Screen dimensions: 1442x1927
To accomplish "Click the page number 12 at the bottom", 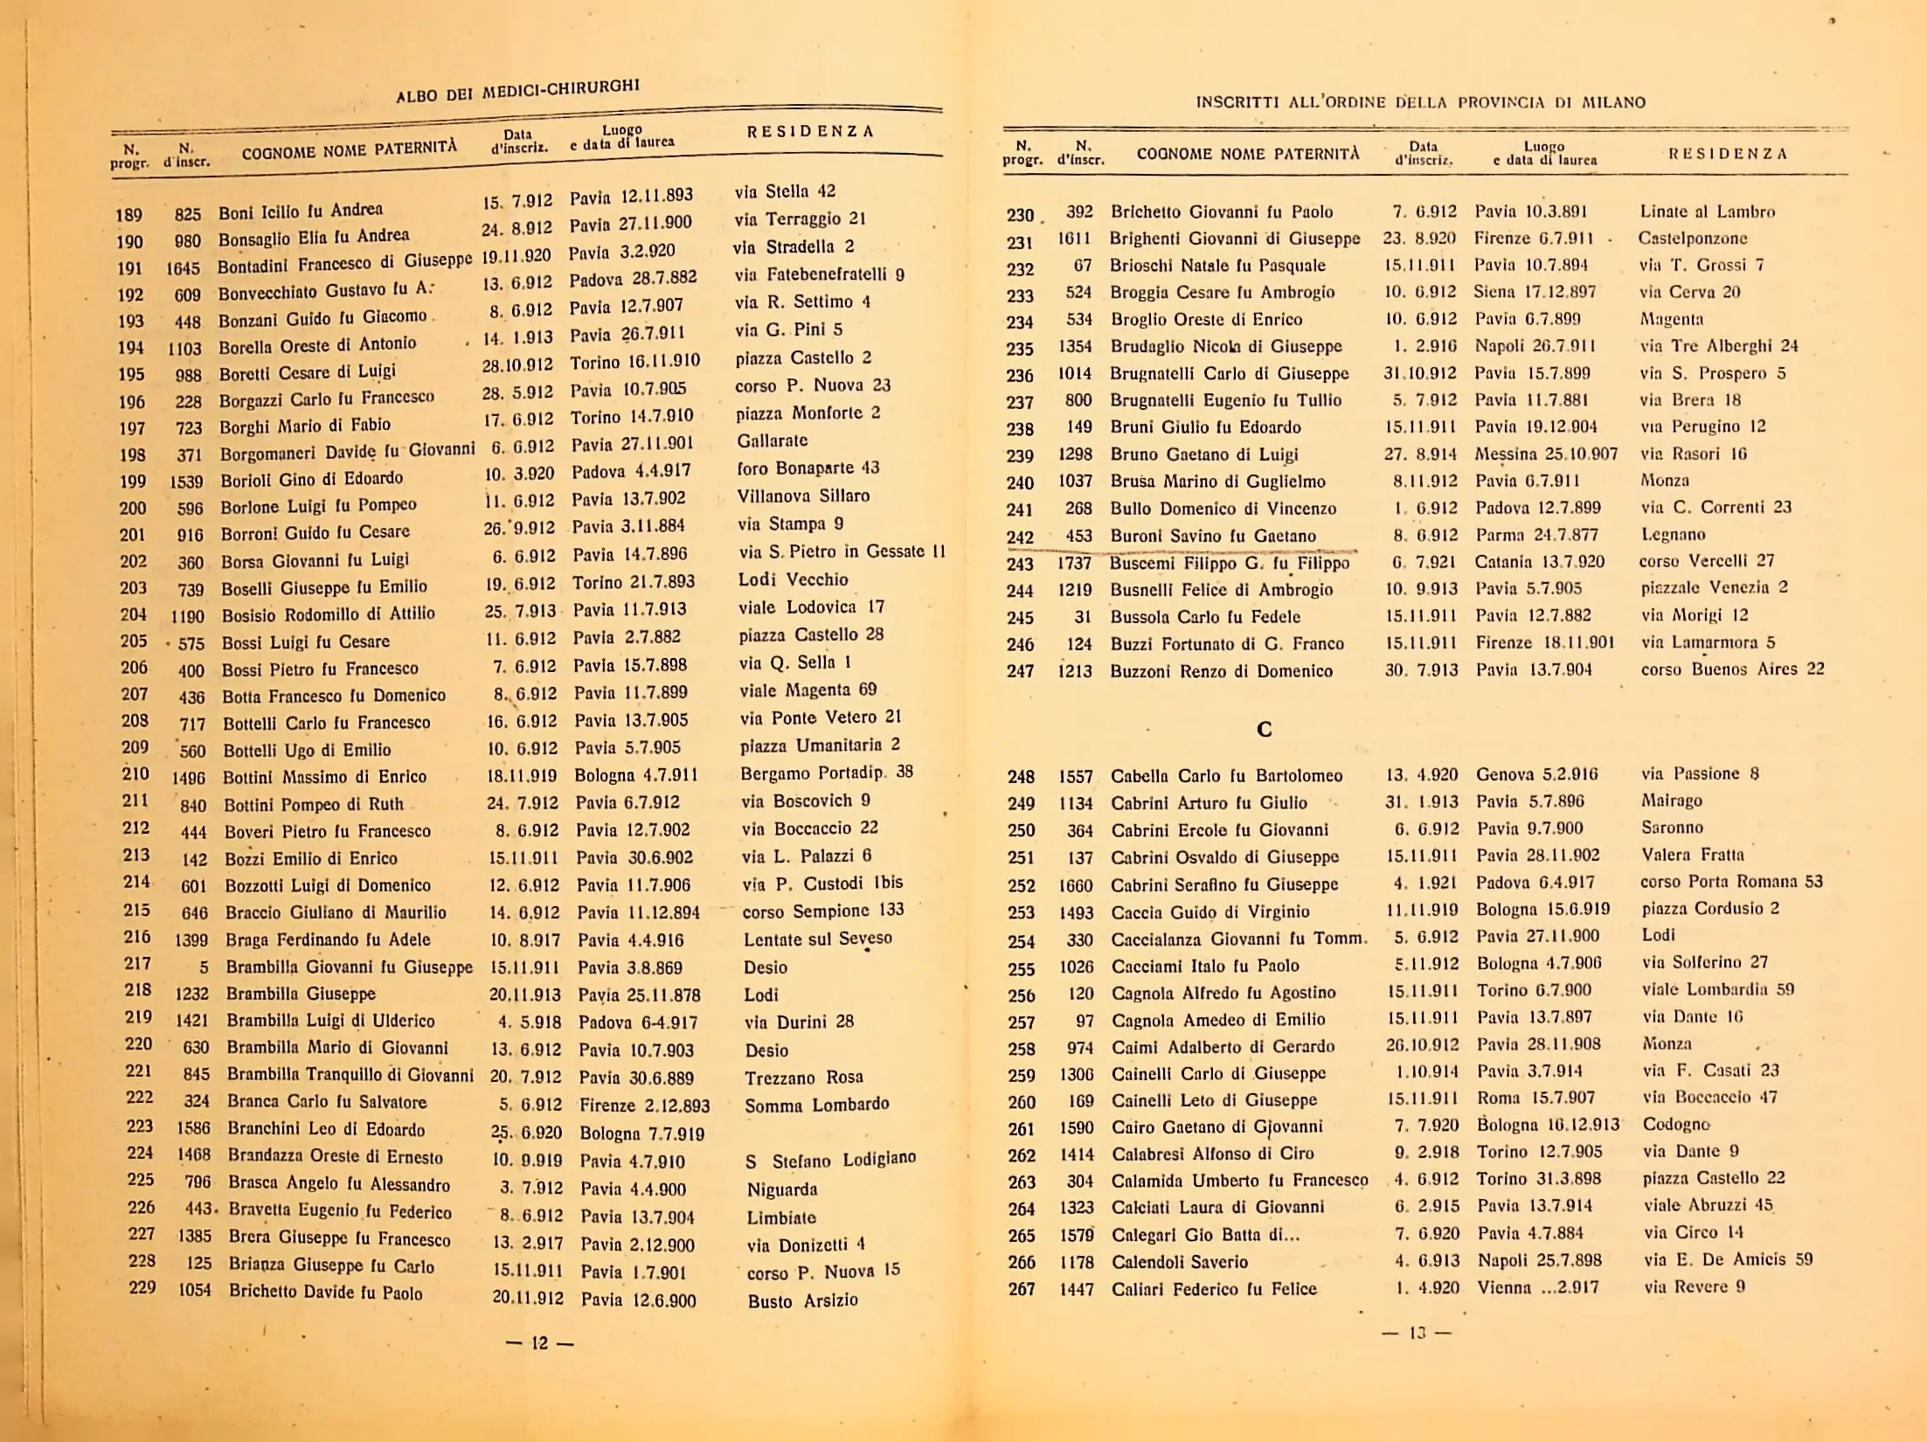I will point(539,1343).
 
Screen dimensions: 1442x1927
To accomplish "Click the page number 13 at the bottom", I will point(1417,1333).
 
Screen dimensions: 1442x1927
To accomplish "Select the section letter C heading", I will point(1264,729).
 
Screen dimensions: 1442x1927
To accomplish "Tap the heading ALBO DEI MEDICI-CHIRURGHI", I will point(517,90).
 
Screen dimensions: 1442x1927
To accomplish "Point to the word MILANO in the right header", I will point(1613,102).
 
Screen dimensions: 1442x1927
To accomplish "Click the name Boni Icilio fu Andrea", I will point(300,211).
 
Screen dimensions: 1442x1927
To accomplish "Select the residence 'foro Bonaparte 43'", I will point(808,468).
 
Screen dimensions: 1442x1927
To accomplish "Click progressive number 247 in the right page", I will point(1020,671).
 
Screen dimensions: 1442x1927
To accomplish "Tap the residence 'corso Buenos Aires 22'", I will point(1732,669).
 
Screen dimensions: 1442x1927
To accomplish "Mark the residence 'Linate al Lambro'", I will point(1707,211).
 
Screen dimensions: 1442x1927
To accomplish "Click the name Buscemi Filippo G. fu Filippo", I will point(1230,563).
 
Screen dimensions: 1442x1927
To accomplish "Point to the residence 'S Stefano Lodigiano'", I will point(830,1161).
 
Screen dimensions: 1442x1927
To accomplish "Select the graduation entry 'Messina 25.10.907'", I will point(1546,454).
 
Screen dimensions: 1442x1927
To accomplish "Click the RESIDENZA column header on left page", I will point(810,132).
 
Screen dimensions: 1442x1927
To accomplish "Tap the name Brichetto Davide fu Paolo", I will point(325,1292).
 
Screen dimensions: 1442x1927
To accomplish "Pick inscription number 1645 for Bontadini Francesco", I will point(184,268).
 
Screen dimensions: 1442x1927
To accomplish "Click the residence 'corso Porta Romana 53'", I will point(1731,881).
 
